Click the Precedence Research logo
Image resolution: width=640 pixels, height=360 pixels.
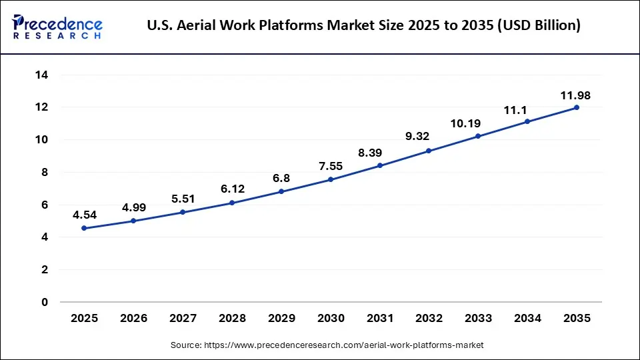click(57, 27)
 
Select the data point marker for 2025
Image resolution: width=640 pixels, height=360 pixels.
click(84, 228)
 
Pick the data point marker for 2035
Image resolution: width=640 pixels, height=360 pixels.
click(577, 107)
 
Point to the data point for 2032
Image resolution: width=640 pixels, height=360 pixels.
click(429, 151)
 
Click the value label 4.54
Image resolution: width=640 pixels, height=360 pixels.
click(84, 215)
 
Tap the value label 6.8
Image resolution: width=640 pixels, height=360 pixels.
click(281, 179)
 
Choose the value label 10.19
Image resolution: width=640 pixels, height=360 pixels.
click(478, 123)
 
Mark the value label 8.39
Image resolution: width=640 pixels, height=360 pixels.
click(379, 153)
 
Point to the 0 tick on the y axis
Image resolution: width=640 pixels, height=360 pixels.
click(45, 302)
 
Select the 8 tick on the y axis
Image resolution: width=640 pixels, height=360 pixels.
click(45, 172)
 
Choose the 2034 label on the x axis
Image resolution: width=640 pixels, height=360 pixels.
click(527, 319)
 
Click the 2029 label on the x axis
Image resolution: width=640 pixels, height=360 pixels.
click(281, 319)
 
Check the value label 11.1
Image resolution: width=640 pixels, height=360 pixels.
click(527, 109)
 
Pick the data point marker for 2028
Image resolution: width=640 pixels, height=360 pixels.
click(231, 203)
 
